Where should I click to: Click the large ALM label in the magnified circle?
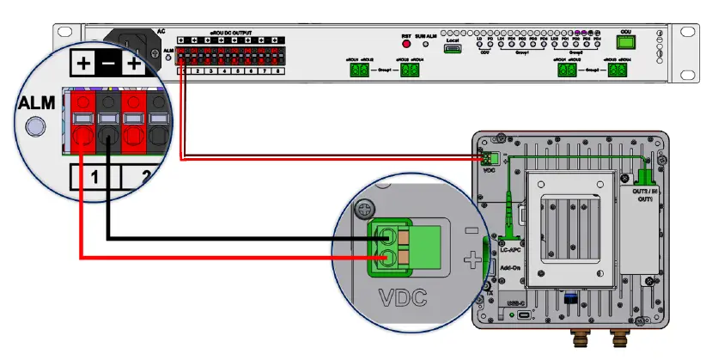click(37, 104)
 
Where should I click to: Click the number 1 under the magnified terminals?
click(96, 179)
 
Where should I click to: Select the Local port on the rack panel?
click(452, 49)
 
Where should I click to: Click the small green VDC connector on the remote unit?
click(490, 159)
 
